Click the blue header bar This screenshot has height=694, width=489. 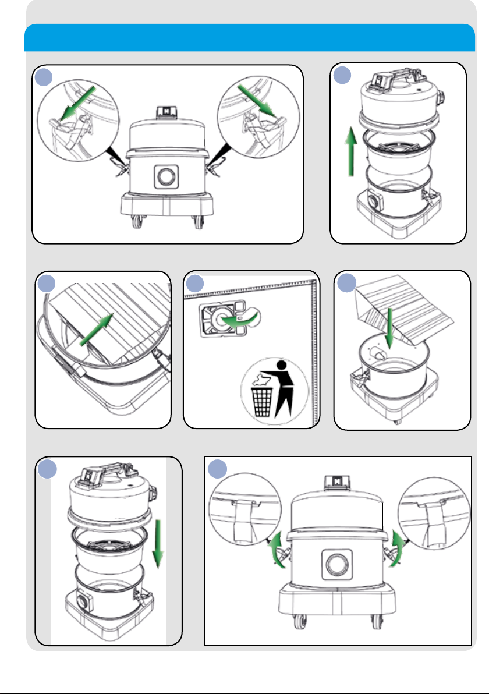249,37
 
